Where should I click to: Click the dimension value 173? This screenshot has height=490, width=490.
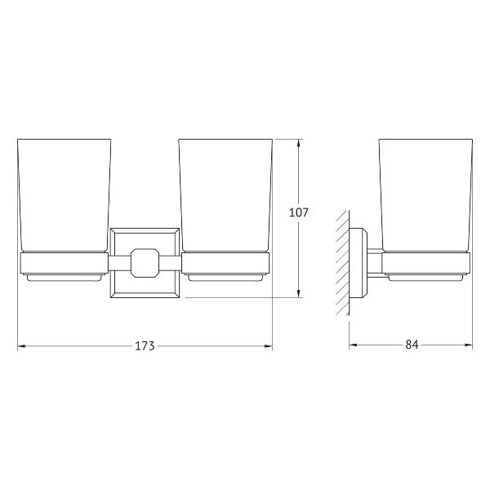pyautogui.click(x=145, y=346)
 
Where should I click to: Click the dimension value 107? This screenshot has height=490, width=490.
pyautogui.click(x=298, y=212)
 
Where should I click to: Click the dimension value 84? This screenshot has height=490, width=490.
pyautogui.click(x=412, y=345)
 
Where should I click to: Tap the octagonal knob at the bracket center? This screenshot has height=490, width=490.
pyautogui.click(x=145, y=262)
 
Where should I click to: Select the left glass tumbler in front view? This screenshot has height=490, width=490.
pyautogui.click(x=65, y=195)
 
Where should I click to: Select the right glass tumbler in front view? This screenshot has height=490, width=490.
pyautogui.click(x=225, y=195)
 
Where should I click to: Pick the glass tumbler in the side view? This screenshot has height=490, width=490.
pyautogui.click(x=425, y=195)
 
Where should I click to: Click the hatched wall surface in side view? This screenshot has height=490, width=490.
pyautogui.click(x=342, y=262)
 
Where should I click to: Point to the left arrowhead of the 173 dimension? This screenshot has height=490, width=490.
pyautogui.click(x=21, y=346)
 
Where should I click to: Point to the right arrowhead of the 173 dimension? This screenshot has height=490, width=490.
pyautogui.click(x=269, y=346)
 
